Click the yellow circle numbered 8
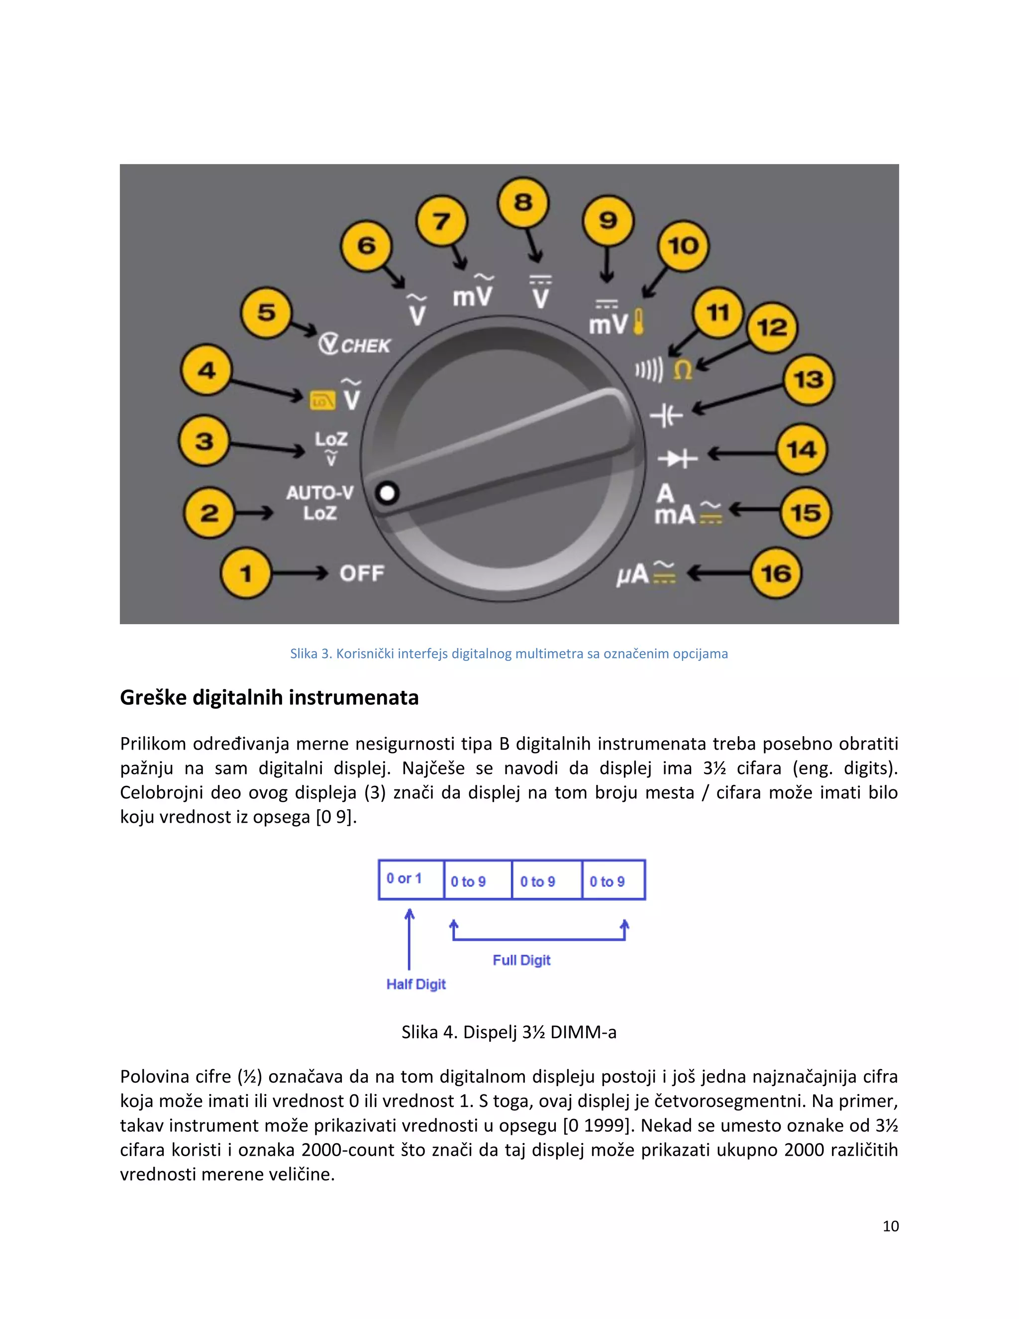tap(523, 202)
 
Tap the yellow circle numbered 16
tap(776, 573)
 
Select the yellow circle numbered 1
tap(246, 573)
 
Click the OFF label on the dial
tap(362, 573)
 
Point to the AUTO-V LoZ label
tap(320, 503)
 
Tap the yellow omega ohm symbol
tap(683, 370)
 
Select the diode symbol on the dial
tap(677, 459)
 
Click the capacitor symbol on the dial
tap(666, 416)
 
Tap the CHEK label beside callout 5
tap(365, 345)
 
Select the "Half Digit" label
tap(416, 985)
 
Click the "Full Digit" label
tap(521, 960)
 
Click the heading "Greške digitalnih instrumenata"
tap(269, 697)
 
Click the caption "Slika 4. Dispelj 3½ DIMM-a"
tap(509, 1032)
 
